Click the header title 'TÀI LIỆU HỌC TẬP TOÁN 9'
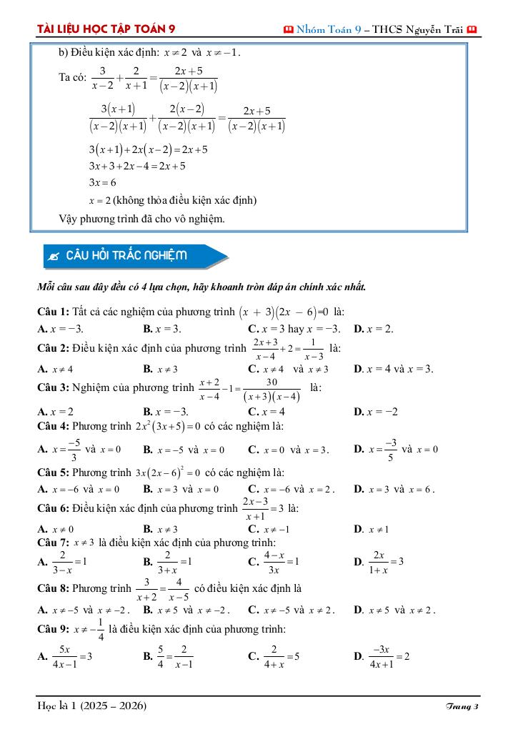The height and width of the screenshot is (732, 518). click(106, 29)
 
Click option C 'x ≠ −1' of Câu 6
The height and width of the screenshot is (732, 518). click(268, 529)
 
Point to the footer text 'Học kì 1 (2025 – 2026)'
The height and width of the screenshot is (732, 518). click(92, 706)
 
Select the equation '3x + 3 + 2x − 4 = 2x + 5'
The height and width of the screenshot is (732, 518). click(137, 166)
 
